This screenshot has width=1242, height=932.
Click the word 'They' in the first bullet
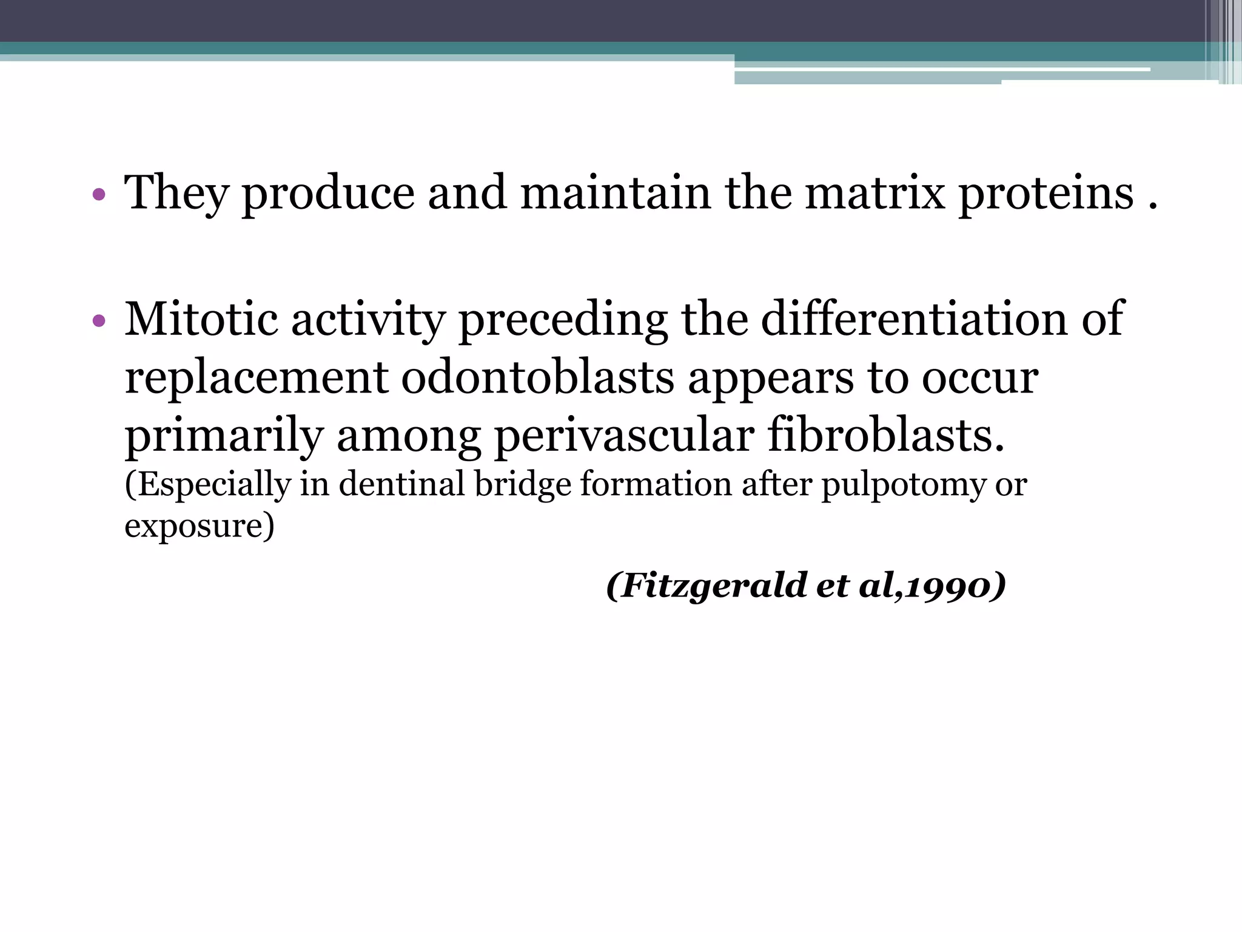click(x=176, y=193)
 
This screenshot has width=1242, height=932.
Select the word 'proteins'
click(x=1046, y=193)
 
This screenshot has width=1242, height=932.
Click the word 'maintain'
click(x=615, y=193)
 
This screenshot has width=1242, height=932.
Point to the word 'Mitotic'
click(x=201, y=319)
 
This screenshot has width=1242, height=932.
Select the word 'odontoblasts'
click(x=537, y=377)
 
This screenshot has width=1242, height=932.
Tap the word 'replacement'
click(x=256, y=377)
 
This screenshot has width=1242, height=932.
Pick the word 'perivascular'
click(x=624, y=436)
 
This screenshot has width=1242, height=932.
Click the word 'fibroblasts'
click(x=885, y=436)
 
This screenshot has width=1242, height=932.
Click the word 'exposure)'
click(x=199, y=525)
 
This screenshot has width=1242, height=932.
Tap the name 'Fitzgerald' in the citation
click(x=713, y=586)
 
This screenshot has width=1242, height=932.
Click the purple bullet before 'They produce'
click(x=99, y=195)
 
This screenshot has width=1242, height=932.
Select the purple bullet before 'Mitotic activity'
click(x=99, y=322)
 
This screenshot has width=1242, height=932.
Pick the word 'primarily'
click(x=224, y=436)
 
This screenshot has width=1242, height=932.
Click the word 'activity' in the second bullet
click(x=368, y=319)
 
